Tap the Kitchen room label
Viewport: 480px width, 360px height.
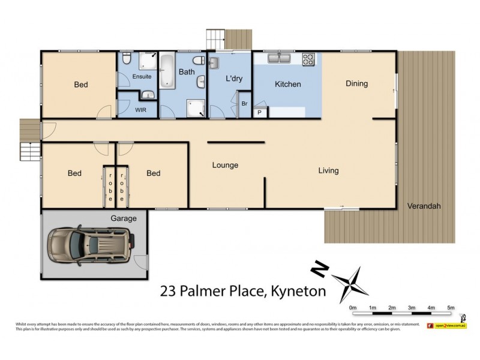click(x=287, y=85)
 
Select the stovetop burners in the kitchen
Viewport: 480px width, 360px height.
click(x=308, y=59)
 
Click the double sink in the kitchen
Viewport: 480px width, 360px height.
click(x=280, y=58)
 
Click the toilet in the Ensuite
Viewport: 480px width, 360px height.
click(x=126, y=59)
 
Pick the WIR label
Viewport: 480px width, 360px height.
click(x=140, y=110)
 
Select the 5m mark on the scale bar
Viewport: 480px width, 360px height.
click(x=451, y=308)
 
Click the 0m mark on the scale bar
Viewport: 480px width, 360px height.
click(x=353, y=308)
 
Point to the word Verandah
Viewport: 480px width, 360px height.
click(x=424, y=206)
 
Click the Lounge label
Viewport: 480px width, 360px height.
click(x=226, y=165)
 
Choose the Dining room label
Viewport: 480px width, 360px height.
click(x=356, y=84)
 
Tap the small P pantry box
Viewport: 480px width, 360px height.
click(x=260, y=112)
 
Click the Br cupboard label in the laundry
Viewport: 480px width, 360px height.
click(x=244, y=104)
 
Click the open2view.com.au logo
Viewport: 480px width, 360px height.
click(x=446, y=325)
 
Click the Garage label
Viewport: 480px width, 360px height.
click(x=123, y=218)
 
